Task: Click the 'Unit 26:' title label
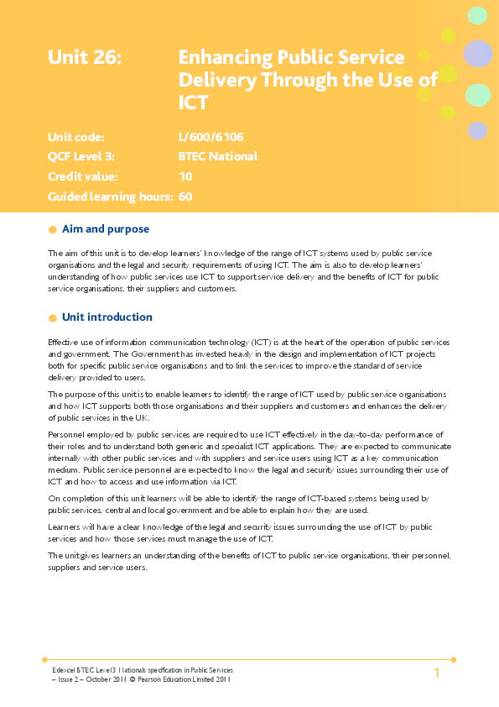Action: click(85, 58)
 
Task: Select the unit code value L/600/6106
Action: click(211, 136)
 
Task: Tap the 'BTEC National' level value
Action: click(218, 156)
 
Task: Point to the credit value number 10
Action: click(185, 176)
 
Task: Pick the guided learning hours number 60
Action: click(185, 196)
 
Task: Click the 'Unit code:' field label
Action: click(76, 136)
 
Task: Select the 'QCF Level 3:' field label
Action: click(81, 156)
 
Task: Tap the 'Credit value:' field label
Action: click(83, 176)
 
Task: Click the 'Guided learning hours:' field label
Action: click(110, 196)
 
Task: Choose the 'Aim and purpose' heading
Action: click(106, 228)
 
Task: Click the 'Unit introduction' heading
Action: click(107, 317)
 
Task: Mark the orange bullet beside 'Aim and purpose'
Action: click(53, 229)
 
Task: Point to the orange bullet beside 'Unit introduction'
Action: click(53, 317)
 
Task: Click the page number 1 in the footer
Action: click(437, 674)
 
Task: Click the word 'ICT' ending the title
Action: click(193, 102)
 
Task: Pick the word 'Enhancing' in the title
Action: click(226, 58)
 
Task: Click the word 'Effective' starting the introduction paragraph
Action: click(64, 342)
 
